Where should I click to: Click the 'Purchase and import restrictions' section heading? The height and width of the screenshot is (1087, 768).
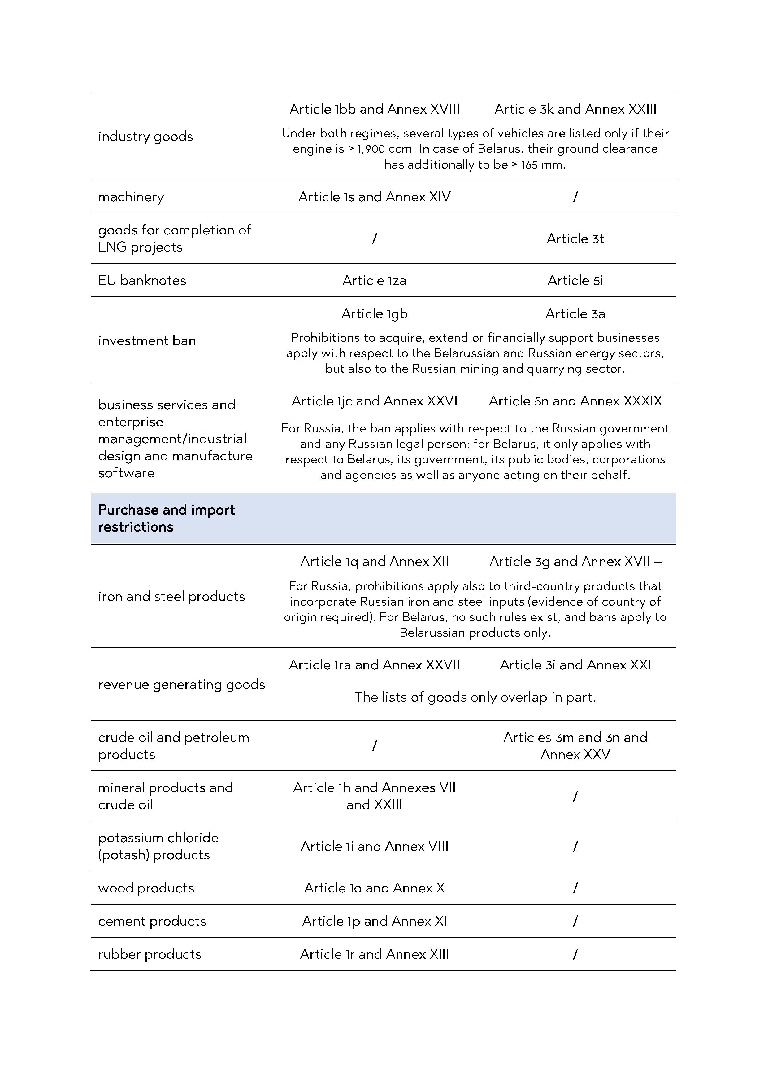[166, 518]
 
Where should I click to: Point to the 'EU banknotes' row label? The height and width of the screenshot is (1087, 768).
[142, 280]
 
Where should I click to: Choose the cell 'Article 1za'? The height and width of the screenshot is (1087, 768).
[374, 280]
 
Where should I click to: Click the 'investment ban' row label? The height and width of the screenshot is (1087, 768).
[147, 340]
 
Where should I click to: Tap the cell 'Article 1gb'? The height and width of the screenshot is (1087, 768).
[374, 313]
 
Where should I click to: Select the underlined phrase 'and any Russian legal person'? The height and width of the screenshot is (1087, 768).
[383, 444]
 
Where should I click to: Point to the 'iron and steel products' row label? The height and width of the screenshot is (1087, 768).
[171, 596]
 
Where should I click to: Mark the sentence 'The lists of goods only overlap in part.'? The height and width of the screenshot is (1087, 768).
[475, 697]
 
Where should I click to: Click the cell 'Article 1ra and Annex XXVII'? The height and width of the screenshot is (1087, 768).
[374, 665]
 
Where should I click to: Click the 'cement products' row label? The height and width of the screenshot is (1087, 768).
[152, 921]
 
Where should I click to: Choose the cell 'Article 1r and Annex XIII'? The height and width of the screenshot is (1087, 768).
[374, 954]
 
